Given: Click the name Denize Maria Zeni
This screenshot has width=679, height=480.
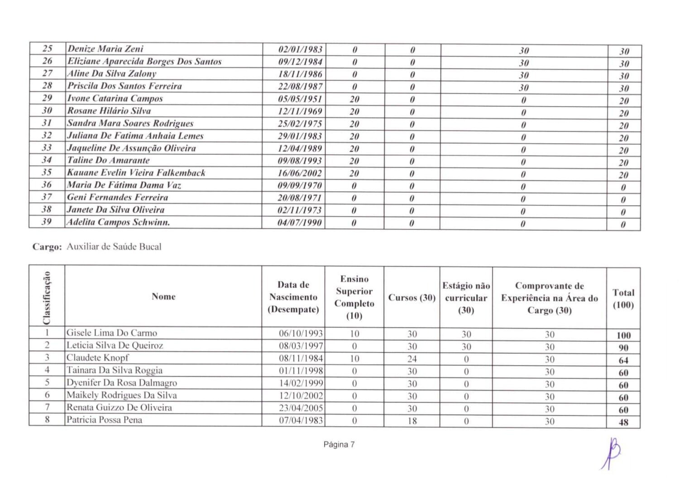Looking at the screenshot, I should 105,49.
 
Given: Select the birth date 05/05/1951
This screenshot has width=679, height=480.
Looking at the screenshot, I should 300,99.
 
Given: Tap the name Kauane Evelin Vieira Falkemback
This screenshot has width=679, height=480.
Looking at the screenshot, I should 136,173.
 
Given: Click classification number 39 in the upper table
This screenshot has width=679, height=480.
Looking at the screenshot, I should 47,222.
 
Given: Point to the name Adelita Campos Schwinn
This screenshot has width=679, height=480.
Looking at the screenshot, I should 118,222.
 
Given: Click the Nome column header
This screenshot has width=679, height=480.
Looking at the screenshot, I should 163,297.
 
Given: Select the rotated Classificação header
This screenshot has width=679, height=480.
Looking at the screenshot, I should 47,297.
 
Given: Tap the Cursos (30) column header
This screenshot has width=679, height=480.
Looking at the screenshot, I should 411,298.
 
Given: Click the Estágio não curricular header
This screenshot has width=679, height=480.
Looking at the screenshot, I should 466,298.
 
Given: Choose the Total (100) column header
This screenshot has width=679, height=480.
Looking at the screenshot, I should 623,298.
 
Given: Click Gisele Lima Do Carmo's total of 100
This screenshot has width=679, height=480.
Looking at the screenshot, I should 623,336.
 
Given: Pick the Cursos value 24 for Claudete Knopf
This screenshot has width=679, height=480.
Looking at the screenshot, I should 411,359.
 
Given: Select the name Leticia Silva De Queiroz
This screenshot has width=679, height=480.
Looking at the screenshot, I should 115,346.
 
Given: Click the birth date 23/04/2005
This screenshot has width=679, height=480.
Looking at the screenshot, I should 301,408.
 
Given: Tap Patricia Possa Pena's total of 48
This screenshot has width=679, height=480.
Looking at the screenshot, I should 623,422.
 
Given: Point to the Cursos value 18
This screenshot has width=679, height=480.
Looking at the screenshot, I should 411,421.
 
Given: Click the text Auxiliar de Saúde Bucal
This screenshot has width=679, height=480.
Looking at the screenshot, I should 114,247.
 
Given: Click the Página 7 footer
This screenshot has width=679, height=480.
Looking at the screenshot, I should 339,445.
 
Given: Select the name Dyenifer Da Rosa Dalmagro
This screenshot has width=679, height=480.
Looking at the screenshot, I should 121,383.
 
